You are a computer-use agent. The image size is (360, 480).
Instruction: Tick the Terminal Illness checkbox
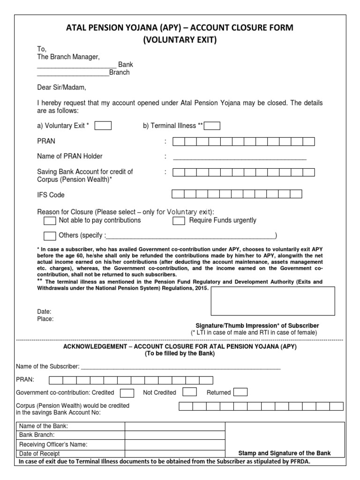(x=212, y=125)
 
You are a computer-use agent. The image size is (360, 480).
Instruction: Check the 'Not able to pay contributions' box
(x=50, y=220)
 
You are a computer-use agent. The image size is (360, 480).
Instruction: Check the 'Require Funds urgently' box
(x=179, y=220)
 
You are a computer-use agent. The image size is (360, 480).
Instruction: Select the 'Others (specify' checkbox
(x=50, y=235)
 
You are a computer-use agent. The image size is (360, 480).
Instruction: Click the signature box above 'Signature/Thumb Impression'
(x=273, y=301)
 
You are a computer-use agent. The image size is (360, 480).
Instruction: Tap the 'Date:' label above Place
(x=44, y=311)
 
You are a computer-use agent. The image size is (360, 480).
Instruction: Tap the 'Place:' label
(x=45, y=319)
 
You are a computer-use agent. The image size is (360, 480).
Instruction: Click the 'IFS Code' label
(x=51, y=195)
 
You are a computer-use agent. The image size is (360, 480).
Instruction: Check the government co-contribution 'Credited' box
(x=127, y=392)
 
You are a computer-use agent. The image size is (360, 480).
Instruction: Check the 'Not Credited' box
(x=189, y=392)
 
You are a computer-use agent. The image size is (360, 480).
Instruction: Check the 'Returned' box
(x=240, y=392)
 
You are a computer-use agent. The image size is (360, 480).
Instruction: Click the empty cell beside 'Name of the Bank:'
(x=175, y=426)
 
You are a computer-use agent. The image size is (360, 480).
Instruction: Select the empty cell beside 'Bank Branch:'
(x=175, y=435)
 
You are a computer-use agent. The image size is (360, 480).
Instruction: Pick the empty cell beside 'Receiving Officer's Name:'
(x=175, y=444)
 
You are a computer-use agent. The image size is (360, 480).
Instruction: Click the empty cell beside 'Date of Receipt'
(x=175, y=453)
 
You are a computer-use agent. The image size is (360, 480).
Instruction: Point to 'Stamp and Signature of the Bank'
(x=285, y=453)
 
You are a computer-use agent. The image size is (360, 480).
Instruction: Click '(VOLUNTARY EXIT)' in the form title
(x=180, y=40)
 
